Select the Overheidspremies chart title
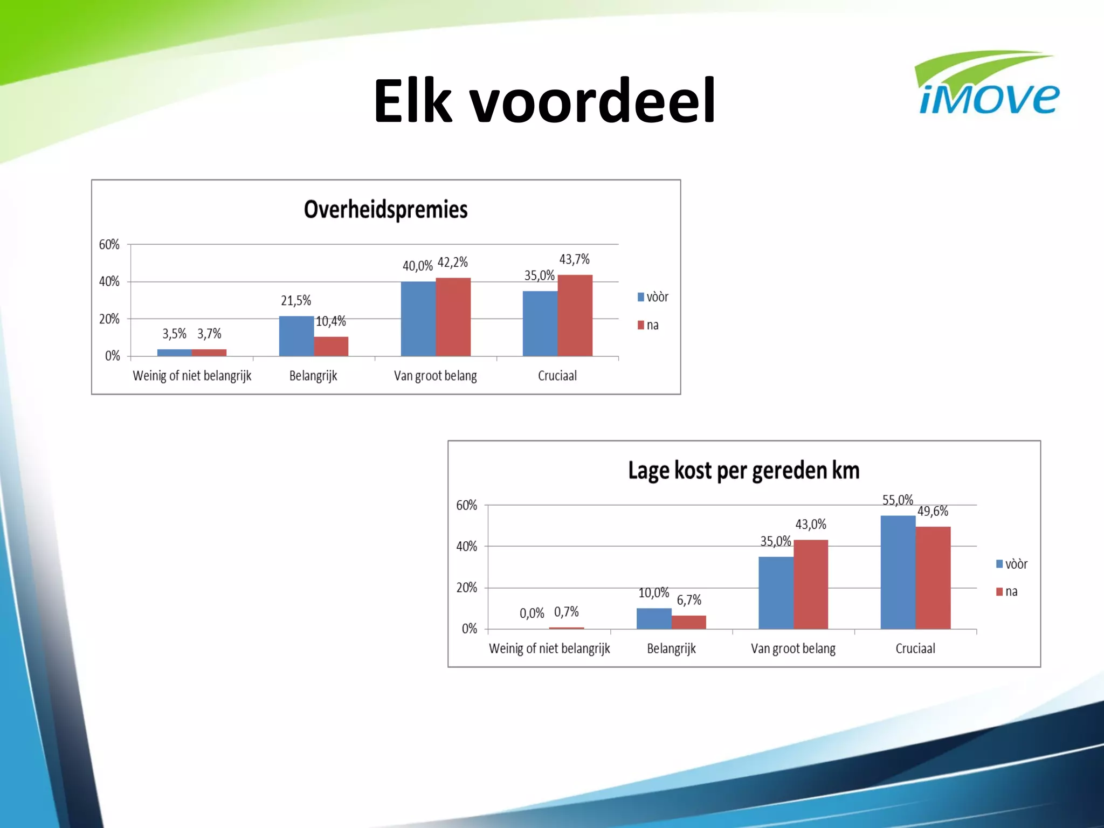tap(385, 210)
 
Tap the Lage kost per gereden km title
tap(743, 471)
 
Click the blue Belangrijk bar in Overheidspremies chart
tap(296, 336)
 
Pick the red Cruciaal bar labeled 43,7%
tap(575, 315)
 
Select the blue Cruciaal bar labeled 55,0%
tap(898, 572)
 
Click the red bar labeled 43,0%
tap(810, 584)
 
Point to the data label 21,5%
tap(296, 301)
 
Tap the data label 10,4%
tap(330, 322)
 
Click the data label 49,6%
tap(933, 511)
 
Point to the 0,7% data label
tap(566, 612)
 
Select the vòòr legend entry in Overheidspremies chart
tap(653, 297)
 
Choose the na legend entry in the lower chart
tap(1006, 592)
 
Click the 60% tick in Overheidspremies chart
tap(109, 245)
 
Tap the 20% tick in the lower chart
tap(466, 588)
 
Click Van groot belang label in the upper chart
tap(435, 376)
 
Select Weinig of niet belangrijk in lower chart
tap(549, 648)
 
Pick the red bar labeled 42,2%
tap(453, 317)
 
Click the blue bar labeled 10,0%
tap(653, 618)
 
